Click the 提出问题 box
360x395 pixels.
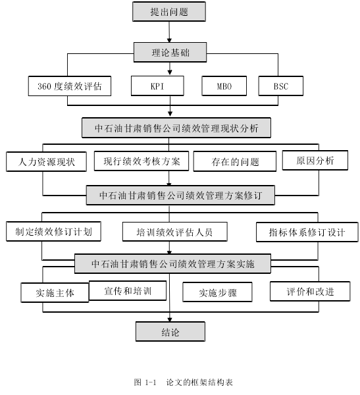(x=169, y=12)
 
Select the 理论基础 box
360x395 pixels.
(x=170, y=53)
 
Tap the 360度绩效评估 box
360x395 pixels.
(x=70, y=86)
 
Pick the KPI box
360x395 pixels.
(x=157, y=86)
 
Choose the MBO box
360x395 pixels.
(x=224, y=86)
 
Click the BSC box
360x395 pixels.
(x=281, y=86)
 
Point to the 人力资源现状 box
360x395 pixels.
(x=46, y=162)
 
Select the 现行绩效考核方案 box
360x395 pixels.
(x=141, y=161)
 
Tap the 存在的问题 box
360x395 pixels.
(x=235, y=161)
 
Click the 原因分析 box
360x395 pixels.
(x=315, y=161)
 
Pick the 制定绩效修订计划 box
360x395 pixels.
(x=54, y=232)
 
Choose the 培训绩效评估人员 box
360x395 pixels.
(x=175, y=232)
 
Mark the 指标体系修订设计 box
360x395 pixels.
(x=307, y=232)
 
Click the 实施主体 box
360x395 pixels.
(x=55, y=293)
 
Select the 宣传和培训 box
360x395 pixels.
(x=128, y=291)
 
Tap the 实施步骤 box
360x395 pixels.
(x=217, y=292)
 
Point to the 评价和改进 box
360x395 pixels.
(x=310, y=292)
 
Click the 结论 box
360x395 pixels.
(x=170, y=332)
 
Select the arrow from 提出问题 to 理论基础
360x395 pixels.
(x=169, y=32)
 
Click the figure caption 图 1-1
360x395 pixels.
(x=145, y=382)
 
